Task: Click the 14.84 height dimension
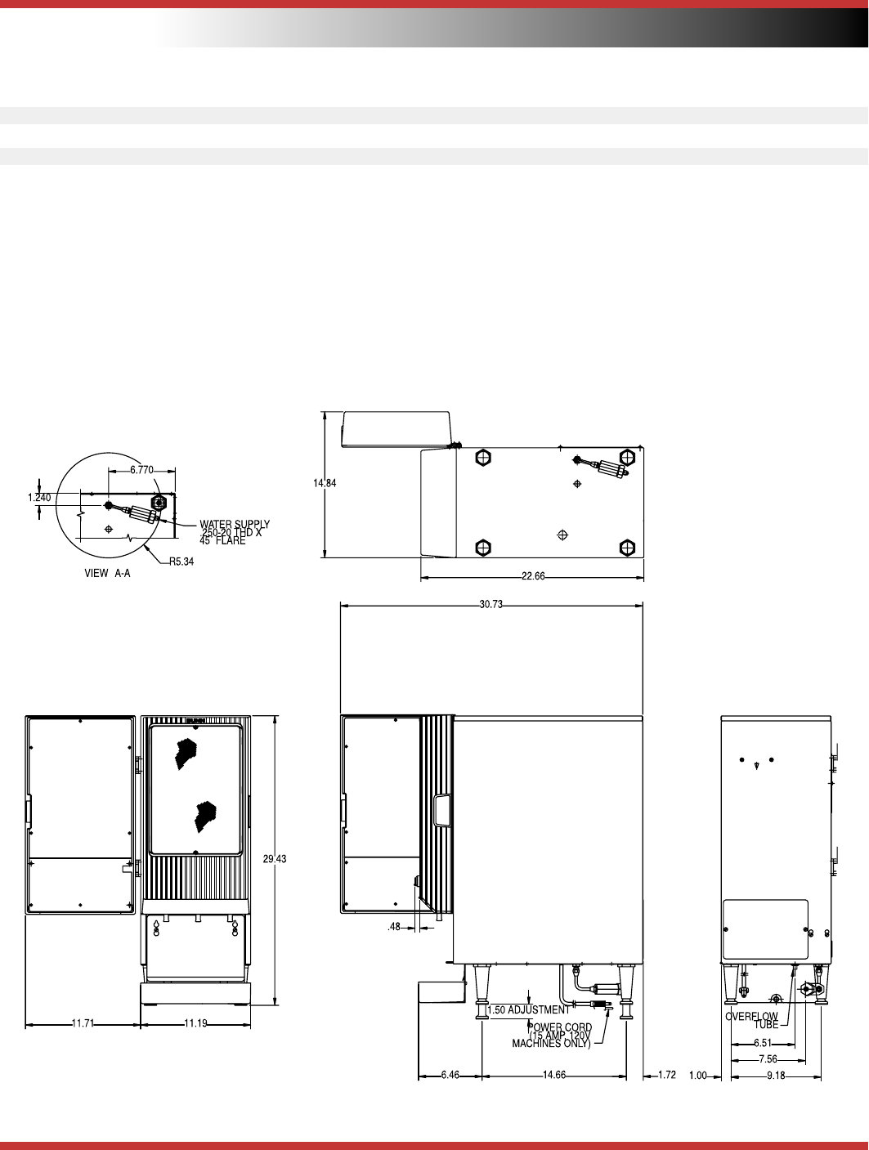[x=325, y=483]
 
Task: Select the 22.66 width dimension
[x=533, y=576]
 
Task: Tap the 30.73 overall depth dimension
[x=490, y=604]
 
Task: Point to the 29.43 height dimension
[x=275, y=859]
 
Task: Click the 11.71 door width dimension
[x=83, y=1023]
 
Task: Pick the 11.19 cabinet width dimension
[x=196, y=1023]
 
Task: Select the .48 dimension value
[x=394, y=927]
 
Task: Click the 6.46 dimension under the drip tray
[x=450, y=1075]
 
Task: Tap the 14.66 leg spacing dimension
[x=554, y=1075]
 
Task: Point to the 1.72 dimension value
[x=667, y=1075]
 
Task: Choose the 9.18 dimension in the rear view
[x=776, y=1076]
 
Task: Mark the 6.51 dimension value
[x=763, y=1043]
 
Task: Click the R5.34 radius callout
[x=181, y=562]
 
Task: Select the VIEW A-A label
[x=107, y=573]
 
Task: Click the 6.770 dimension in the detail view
[x=142, y=470]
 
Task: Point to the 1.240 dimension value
[x=39, y=497]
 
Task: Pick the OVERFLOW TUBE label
[x=751, y=1020]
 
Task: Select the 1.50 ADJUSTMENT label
[x=528, y=1009]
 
